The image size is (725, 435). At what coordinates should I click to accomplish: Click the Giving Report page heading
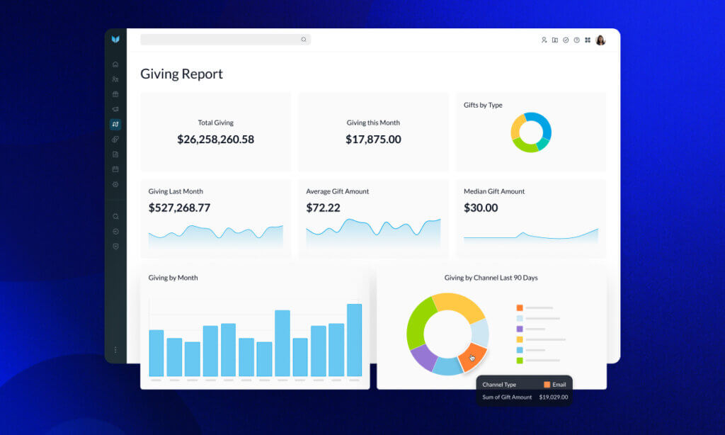(x=181, y=74)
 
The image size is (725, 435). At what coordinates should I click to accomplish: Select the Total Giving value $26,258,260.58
(x=215, y=140)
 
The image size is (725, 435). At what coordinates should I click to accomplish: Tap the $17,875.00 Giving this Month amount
(x=373, y=140)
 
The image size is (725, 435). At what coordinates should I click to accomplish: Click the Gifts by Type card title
(x=483, y=105)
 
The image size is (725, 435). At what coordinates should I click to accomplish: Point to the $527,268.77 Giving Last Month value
(x=179, y=208)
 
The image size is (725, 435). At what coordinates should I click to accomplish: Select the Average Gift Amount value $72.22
(x=323, y=208)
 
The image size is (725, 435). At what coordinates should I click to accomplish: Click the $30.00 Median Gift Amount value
(x=481, y=208)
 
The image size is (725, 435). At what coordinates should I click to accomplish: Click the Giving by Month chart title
(x=173, y=278)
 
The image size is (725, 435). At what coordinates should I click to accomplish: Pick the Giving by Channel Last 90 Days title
(x=491, y=278)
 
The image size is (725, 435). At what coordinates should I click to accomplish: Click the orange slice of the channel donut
(x=472, y=357)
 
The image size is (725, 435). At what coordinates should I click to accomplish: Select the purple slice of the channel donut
(x=423, y=356)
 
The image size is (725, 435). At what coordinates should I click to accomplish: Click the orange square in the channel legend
(x=520, y=308)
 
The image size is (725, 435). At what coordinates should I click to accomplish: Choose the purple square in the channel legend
(x=520, y=329)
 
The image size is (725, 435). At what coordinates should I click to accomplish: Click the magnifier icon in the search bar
(x=304, y=40)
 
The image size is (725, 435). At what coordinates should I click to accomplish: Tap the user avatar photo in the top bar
(x=600, y=40)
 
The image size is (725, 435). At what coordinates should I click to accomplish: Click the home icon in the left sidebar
(x=115, y=64)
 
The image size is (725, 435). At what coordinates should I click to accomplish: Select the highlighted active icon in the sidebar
(x=115, y=125)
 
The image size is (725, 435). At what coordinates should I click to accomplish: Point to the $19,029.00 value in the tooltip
(x=553, y=397)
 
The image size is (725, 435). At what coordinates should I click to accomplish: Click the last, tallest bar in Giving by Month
(x=354, y=340)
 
